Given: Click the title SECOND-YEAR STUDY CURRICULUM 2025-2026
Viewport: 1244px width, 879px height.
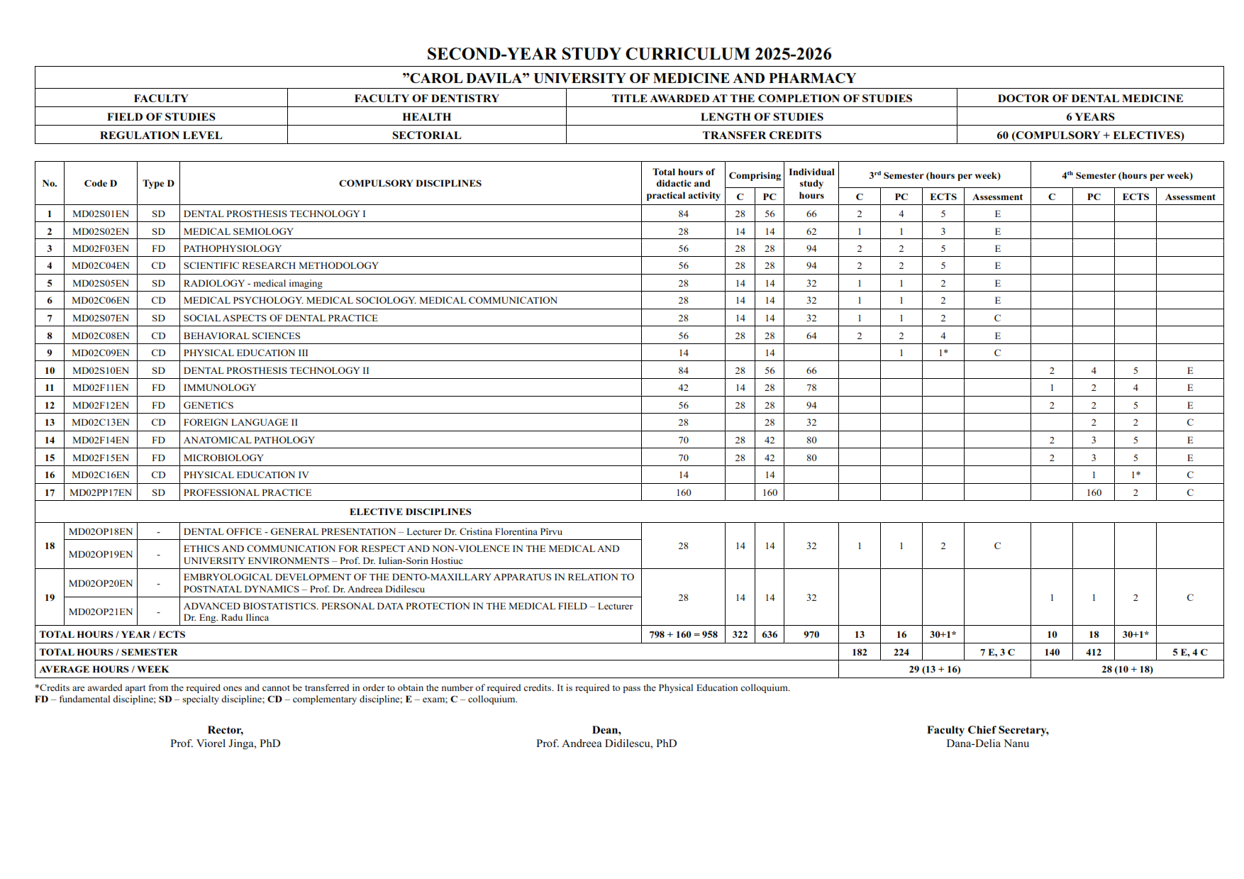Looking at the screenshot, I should pos(628,54).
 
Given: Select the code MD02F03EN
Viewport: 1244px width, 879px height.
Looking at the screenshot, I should pos(101,248).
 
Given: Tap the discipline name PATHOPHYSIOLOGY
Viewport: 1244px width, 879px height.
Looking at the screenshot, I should pos(233,248).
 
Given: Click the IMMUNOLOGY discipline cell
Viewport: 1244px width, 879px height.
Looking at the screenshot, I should pos(220,387).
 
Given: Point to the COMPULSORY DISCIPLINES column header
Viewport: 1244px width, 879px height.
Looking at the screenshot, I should pos(410,183).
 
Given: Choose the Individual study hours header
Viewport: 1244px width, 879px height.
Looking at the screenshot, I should pos(811,183).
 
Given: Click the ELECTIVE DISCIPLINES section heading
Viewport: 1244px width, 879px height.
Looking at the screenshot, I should pos(410,512).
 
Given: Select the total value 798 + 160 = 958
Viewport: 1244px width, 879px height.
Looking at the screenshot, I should pos(683,634).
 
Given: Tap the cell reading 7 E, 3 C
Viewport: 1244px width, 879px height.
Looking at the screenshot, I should pos(997,652).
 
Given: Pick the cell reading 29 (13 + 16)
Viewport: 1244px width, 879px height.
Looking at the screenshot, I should pos(935,669).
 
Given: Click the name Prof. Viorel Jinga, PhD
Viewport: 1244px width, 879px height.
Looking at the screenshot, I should pos(226,743).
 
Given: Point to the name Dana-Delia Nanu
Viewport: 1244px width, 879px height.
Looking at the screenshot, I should pos(987,743).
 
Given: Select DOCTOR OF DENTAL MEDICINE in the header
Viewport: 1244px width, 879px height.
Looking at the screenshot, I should pos(1090,98).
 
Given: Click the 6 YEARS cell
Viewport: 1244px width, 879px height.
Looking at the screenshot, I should pos(1090,116).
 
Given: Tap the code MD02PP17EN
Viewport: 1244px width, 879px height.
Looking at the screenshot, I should pos(101,492).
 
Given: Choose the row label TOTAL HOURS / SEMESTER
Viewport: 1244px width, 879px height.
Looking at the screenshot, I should pos(109,652).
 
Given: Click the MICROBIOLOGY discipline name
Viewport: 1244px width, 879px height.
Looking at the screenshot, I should pos(223,458).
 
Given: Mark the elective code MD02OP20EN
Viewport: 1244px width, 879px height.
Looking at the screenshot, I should pos(101,583).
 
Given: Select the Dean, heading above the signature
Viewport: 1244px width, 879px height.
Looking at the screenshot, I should pos(606,730).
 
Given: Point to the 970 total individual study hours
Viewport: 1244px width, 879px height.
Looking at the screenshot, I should pos(811,634).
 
